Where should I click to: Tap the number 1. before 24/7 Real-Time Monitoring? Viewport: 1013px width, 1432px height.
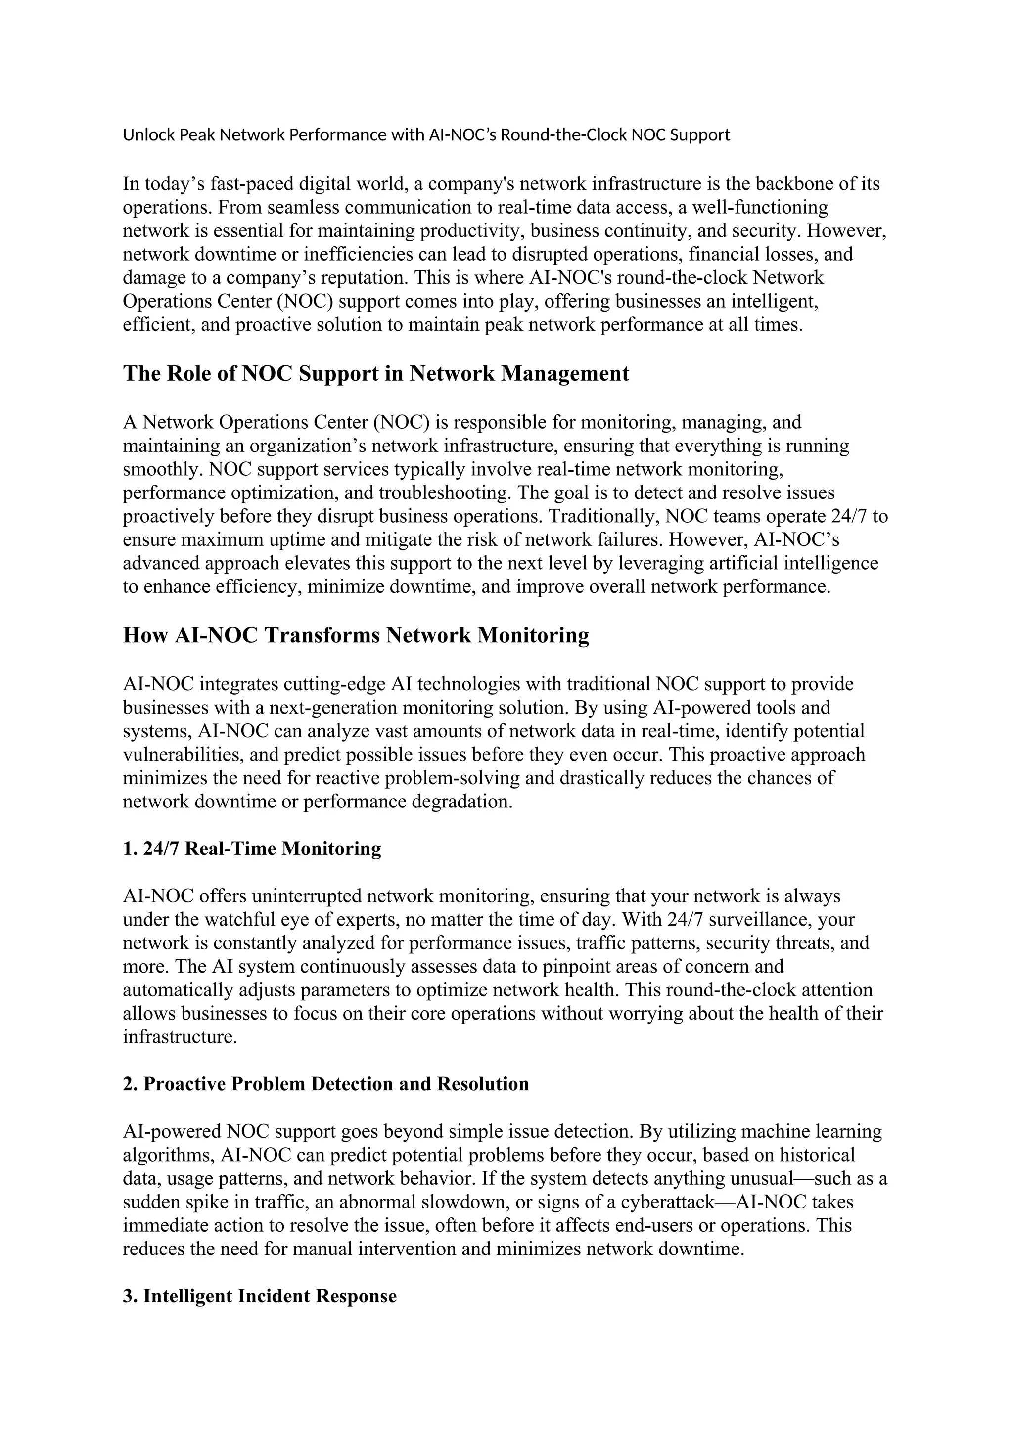pyautogui.click(x=131, y=849)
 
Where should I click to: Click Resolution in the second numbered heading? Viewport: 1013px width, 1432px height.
pyautogui.click(x=482, y=1084)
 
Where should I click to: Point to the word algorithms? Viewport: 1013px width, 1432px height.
pyautogui.click(x=168, y=1156)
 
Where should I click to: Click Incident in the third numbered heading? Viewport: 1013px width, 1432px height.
pyautogui.click(x=275, y=1297)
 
